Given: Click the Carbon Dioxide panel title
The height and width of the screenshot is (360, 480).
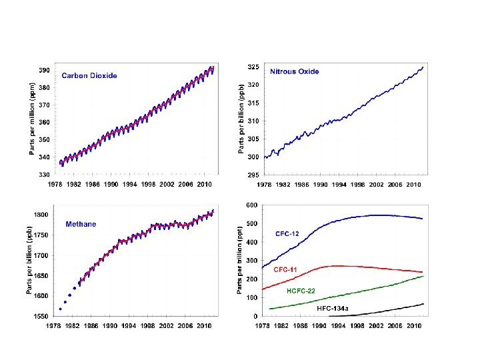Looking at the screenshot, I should click(89, 75).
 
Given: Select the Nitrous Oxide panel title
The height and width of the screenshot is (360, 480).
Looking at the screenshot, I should click(294, 71).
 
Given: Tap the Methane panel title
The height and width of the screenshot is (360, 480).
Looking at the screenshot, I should click(81, 224).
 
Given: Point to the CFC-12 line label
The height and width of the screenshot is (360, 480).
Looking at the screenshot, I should click(291, 234).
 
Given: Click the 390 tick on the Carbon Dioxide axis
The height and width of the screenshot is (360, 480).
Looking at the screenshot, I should click(43, 70).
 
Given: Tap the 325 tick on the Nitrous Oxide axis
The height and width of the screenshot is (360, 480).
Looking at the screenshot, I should click(253, 67).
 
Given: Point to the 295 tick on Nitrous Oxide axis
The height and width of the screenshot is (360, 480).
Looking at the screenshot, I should click(253, 175).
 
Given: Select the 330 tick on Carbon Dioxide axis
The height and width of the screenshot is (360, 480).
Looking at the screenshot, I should click(43, 175).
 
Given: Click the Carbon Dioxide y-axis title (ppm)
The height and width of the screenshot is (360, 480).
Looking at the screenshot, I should click(32, 118).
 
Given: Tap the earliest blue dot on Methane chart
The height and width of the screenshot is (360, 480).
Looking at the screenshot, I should click(60, 309).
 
